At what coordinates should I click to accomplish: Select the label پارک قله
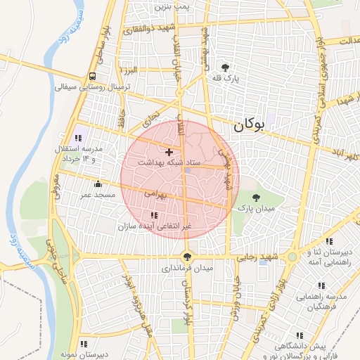[x=228, y=79]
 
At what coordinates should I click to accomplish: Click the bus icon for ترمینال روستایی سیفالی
[x=93, y=77]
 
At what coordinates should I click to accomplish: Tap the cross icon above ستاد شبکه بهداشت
[x=168, y=152]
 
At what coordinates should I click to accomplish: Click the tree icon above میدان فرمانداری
[x=187, y=257]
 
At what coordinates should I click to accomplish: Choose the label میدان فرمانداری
[x=187, y=268]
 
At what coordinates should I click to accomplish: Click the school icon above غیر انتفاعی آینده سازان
[x=154, y=215]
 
